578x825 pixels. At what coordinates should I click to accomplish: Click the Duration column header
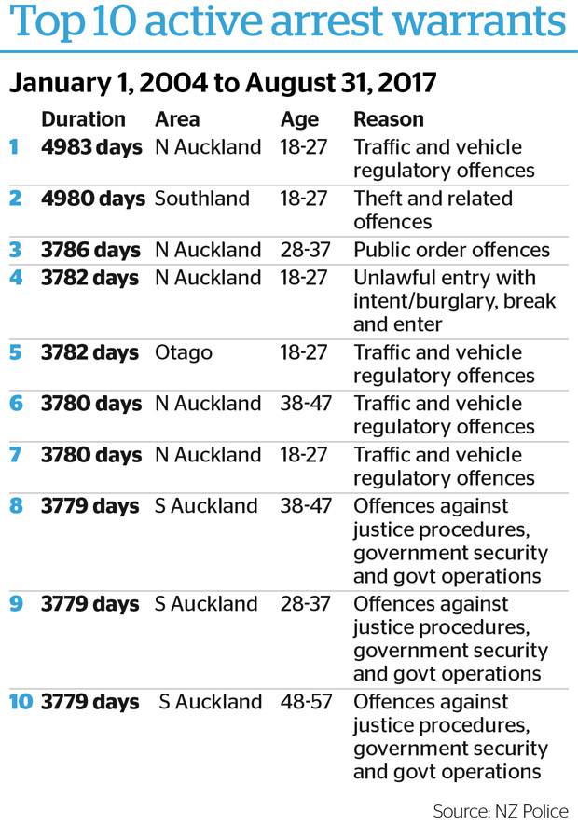pos(83,119)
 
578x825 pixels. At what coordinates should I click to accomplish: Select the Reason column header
pos(389,119)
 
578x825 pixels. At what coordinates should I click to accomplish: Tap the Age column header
pos(299,119)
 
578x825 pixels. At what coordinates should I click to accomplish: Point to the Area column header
pos(177,119)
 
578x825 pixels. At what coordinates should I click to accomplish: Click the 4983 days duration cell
pos(91,147)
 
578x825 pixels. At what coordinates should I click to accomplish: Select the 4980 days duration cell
pos(93,199)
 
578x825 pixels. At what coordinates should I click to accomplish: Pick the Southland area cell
pos(202,199)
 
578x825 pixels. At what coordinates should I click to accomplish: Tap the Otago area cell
pos(184,352)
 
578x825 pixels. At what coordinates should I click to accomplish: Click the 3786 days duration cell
pos(91,250)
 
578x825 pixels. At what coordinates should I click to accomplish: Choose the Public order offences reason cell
pos(451,250)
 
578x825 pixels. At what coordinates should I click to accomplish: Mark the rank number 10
pos(21,702)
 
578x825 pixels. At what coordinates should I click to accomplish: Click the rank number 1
pos(13,147)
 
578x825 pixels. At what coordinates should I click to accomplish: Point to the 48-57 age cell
pos(306,702)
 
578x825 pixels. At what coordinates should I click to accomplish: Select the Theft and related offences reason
pos(433,210)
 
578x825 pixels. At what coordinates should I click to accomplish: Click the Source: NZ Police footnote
pos(500,810)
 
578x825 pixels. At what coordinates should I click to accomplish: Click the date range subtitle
pos(223,82)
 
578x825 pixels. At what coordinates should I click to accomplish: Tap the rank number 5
pos(14,352)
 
